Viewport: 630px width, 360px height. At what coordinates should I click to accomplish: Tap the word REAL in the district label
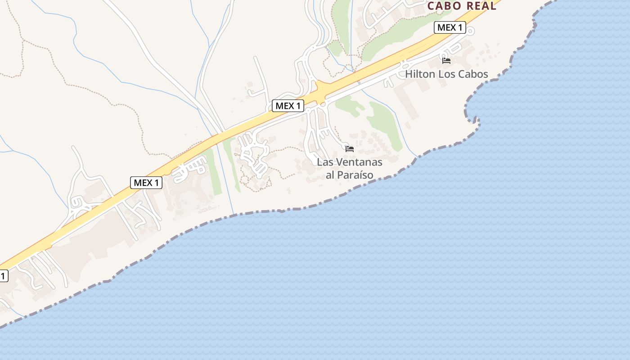coord(481,6)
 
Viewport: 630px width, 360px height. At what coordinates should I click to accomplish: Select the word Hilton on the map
coord(420,74)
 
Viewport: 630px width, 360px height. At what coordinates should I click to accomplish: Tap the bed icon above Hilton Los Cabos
coord(446,60)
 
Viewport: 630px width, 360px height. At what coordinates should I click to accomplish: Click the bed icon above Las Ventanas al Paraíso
coord(350,148)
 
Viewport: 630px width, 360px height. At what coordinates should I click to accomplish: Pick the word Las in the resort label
coord(325,162)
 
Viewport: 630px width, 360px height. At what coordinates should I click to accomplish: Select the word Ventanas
coord(360,162)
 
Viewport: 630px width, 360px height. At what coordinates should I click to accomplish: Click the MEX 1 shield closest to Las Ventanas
coord(288,106)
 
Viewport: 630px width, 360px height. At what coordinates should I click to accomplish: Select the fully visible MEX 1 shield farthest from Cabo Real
coord(146,183)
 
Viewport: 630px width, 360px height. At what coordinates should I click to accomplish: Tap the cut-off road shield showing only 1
coord(3,276)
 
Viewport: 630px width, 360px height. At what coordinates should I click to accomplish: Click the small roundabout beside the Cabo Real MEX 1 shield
coord(471,31)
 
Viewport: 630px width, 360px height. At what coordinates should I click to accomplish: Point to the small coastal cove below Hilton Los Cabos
coord(472,118)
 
